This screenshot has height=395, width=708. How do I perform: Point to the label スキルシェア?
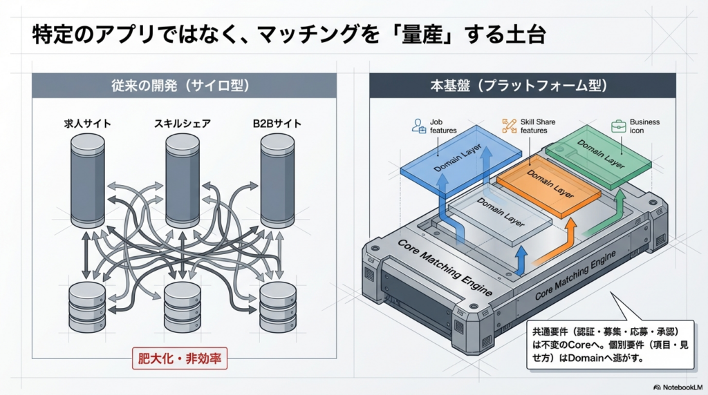tap(183, 124)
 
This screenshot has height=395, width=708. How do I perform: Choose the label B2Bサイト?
tap(277, 124)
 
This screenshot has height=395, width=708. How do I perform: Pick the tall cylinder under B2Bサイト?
tap(277, 179)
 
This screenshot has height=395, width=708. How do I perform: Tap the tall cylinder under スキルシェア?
tap(183, 179)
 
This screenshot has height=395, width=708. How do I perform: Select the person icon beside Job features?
tap(418, 126)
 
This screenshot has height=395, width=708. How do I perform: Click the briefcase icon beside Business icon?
tap(618, 126)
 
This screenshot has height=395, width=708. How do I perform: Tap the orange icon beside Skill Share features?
tap(510, 126)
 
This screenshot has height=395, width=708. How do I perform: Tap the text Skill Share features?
tap(534, 126)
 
